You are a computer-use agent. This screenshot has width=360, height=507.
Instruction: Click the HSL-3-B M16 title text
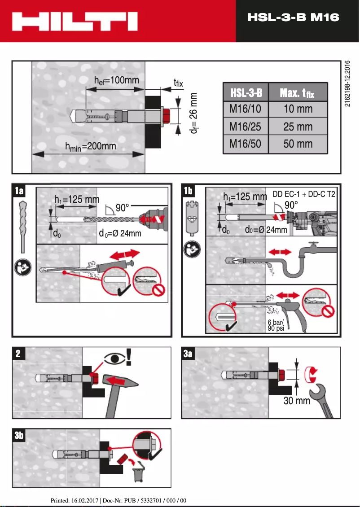pyautogui.click(x=293, y=17)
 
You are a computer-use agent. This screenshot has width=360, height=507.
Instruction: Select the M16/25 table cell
pyautogui.click(x=245, y=127)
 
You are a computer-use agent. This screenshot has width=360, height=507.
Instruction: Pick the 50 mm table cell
pyautogui.click(x=298, y=144)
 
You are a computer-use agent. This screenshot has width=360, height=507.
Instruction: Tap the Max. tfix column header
pyautogui.click(x=297, y=93)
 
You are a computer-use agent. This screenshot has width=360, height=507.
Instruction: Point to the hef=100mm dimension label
pyautogui.click(x=116, y=80)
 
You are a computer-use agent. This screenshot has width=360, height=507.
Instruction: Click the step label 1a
pyautogui.click(x=19, y=191)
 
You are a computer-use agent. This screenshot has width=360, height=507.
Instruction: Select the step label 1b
pyautogui.click(x=188, y=191)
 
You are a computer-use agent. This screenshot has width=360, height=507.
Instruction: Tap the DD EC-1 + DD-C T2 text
pyautogui.click(x=304, y=195)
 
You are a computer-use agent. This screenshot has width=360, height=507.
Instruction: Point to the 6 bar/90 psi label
pyautogui.click(x=276, y=325)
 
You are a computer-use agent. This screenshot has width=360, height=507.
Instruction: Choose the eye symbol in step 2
pyautogui.click(x=114, y=358)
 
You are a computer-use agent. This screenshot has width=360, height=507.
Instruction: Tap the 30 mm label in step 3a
pyautogui.click(x=297, y=401)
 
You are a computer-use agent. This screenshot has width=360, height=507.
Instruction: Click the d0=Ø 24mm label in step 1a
pyautogui.click(x=120, y=233)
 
